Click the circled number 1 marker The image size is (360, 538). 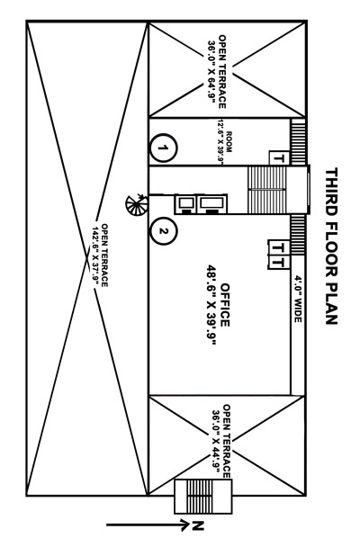(x=164, y=148)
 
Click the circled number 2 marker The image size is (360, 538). (x=164, y=231)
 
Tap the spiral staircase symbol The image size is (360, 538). (x=137, y=205)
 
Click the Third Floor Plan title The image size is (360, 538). (x=331, y=246)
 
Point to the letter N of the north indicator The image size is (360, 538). (x=198, y=525)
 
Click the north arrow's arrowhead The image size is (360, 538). (x=184, y=525)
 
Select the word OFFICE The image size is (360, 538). (x=225, y=305)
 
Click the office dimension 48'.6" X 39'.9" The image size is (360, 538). (x=211, y=305)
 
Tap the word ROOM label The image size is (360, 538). (x=229, y=141)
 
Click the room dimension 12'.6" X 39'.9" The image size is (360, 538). (x=220, y=141)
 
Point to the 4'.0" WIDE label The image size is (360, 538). (x=298, y=299)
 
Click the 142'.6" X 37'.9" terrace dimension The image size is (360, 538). (x=95, y=256)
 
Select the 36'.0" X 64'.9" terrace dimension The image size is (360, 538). (x=211, y=72)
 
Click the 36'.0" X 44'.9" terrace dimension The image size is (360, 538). (x=216, y=441)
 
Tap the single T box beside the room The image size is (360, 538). (x=279, y=158)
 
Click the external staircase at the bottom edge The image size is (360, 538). (x=203, y=496)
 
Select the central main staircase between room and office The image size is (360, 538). (x=266, y=190)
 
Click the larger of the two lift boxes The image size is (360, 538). (x=212, y=204)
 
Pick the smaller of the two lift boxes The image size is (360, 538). (x=186, y=204)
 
